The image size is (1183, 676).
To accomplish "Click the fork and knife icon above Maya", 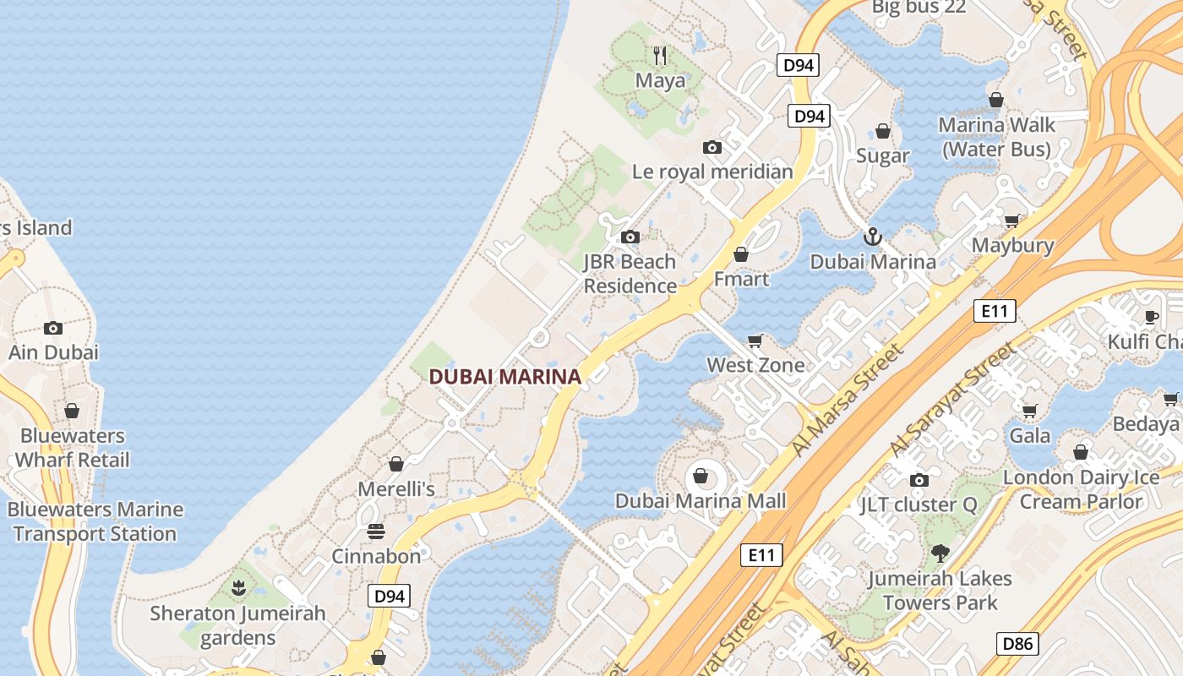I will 660,56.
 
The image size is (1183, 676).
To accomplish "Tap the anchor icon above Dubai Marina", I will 873,237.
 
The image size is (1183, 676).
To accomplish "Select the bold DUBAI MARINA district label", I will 504,377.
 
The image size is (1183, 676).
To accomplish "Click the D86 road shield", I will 1017,644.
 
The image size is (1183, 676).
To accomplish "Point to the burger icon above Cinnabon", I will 376,532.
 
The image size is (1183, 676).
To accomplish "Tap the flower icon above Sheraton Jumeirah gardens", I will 238,586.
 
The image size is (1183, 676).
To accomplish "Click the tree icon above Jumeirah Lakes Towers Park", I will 939,553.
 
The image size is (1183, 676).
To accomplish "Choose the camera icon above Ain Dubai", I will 53,328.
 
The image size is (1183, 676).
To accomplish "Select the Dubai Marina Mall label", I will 700,501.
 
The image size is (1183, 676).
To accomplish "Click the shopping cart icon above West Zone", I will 755,341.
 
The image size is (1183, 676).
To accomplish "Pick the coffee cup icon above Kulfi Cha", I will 1150,317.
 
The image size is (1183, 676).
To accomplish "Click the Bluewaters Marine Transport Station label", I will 95,521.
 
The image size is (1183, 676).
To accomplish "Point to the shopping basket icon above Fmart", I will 741,254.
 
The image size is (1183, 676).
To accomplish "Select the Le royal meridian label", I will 712,172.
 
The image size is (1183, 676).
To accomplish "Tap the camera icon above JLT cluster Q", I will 919,480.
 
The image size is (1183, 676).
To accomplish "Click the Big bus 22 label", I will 918,8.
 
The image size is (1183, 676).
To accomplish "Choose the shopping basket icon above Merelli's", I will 395,464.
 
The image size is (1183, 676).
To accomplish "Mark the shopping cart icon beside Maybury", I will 1011,221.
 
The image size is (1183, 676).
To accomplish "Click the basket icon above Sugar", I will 883,131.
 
